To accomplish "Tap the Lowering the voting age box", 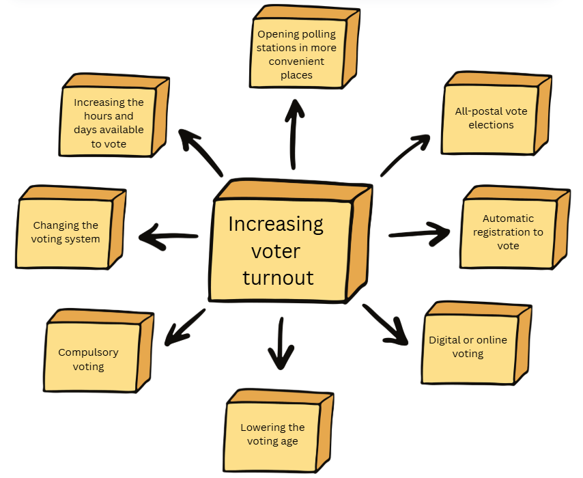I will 273,434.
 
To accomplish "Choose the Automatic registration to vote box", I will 508,232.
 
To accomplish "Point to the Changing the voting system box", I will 66,232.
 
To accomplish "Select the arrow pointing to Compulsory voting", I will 185,326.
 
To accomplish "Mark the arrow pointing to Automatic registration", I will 419,232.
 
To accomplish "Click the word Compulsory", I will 88,352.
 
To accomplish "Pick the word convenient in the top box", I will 296,61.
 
